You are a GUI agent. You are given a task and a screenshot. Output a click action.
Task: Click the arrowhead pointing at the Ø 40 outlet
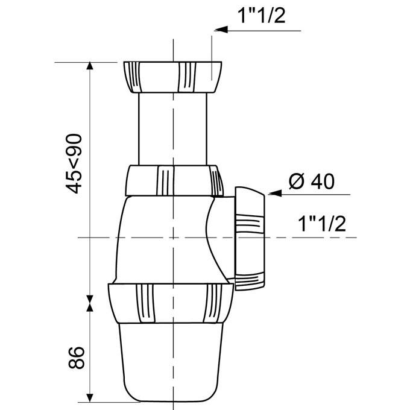coord(273,194)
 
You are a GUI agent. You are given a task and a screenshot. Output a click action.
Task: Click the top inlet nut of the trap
coord(173,76)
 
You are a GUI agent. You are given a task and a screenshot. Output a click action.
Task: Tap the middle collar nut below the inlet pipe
coord(173,180)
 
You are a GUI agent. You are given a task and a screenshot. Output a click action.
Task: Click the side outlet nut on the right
coord(249,238)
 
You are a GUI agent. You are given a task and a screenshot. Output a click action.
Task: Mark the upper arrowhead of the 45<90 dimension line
coord(90,68)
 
